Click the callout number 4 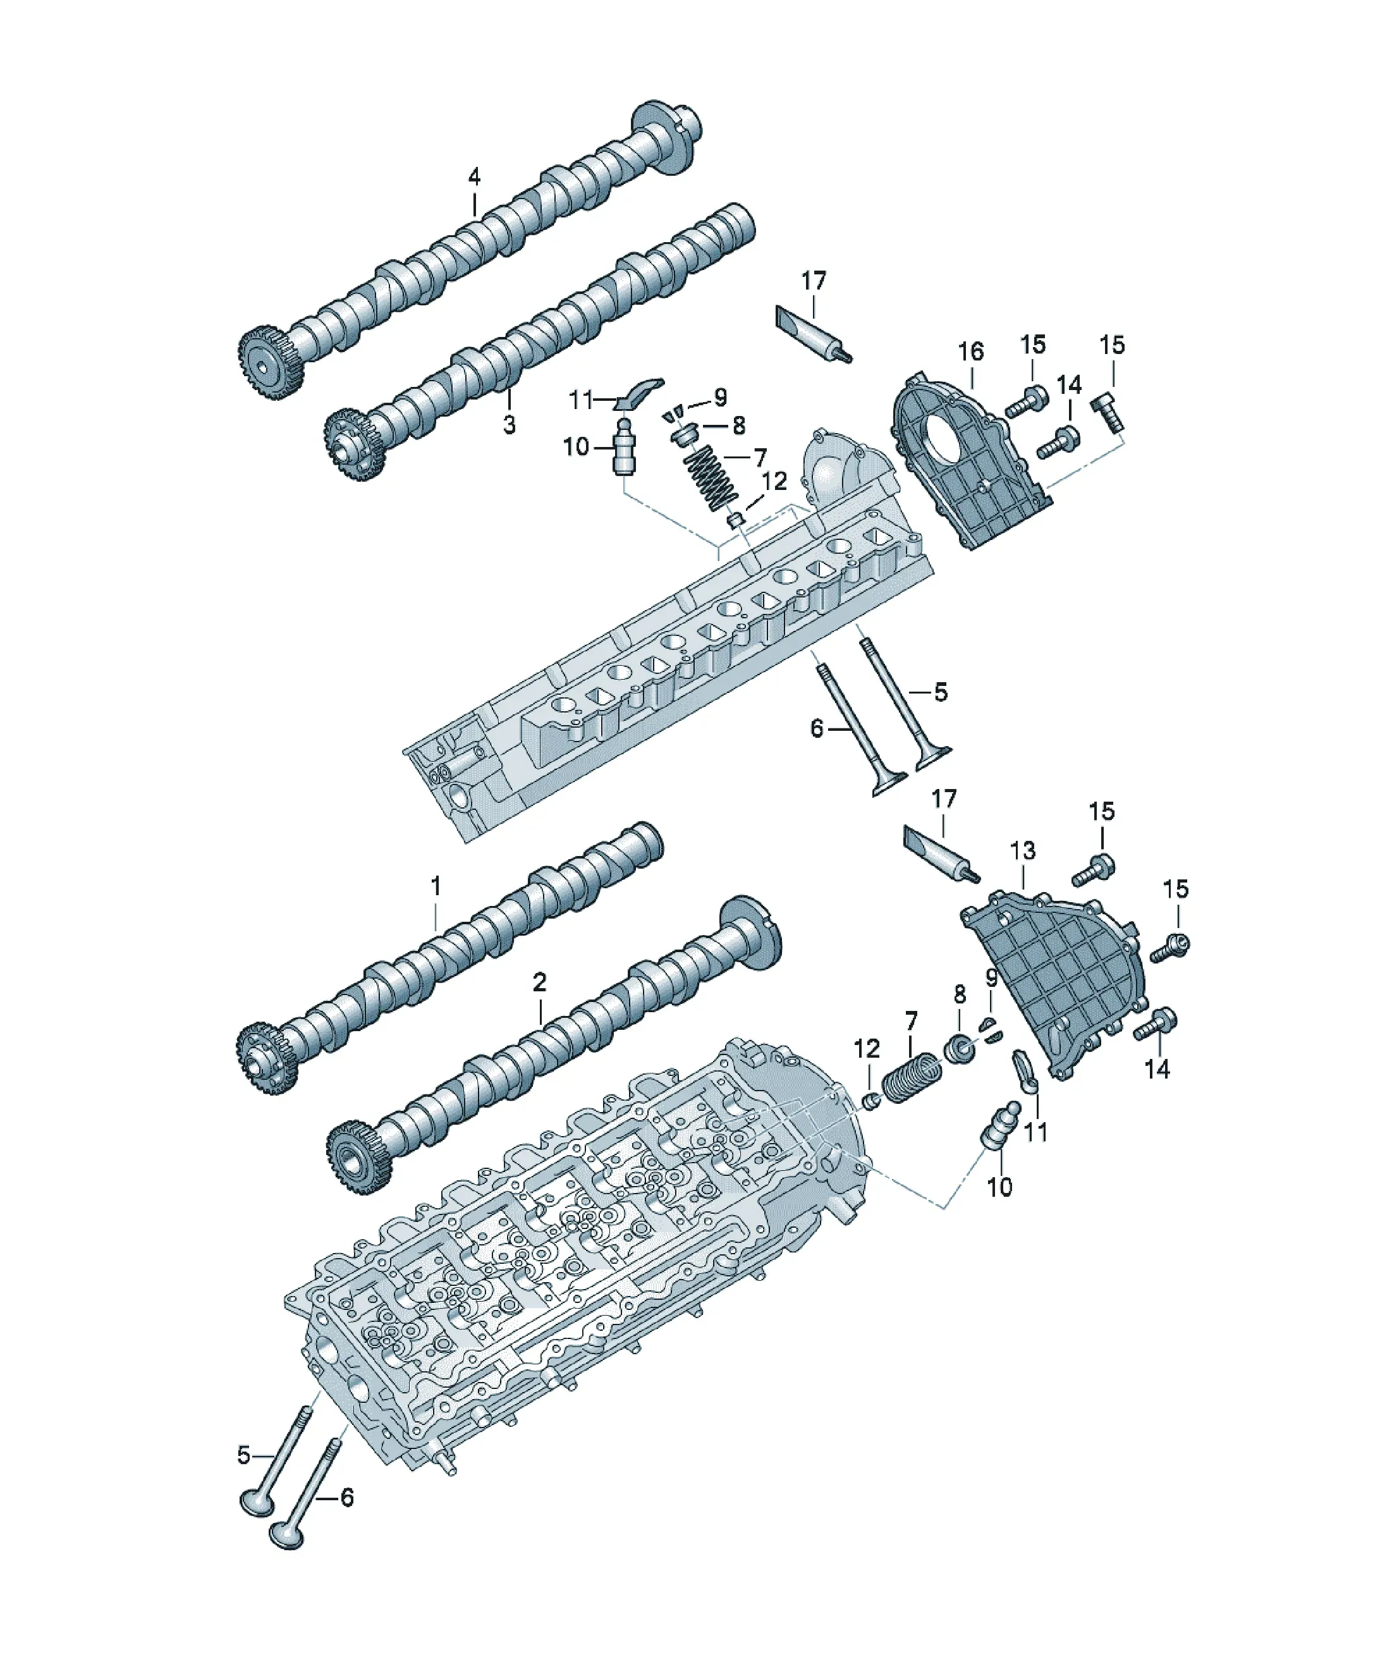click(474, 177)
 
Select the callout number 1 click(436, 886)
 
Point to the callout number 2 click(540, 982)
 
